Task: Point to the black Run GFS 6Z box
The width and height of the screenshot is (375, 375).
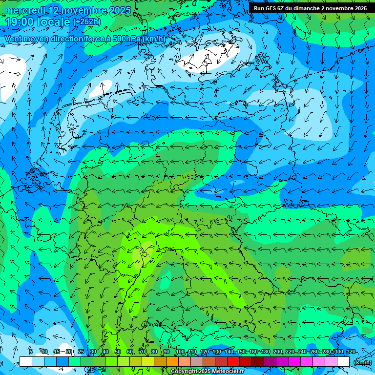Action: click(311, 8)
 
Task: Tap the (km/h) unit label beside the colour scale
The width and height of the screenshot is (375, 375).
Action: click(362, 362)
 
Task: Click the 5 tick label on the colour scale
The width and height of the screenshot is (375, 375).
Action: click(31, 352)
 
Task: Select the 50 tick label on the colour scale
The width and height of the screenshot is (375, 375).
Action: click(118, 352)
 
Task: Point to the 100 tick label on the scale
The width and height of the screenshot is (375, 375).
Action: click(180, 352)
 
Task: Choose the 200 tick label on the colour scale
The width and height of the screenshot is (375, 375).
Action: click(278, 352)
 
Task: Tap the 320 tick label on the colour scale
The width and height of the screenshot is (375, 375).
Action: click(351, 352)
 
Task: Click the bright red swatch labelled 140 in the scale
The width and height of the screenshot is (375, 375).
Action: click(233, 362)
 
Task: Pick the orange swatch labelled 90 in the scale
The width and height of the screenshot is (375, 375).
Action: click(172, 362)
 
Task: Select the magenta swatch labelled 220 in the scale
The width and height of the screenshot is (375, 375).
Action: click(294, 362)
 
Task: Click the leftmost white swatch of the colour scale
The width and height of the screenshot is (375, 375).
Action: click(26, 362)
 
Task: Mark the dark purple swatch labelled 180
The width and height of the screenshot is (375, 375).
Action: click(270, 362)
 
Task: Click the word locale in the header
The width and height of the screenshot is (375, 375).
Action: click(55, 22)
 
